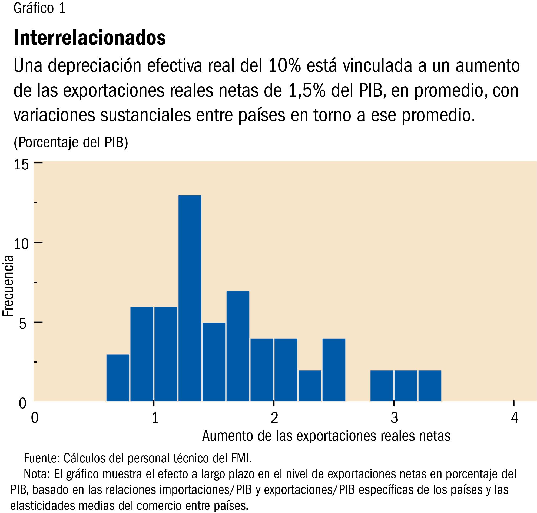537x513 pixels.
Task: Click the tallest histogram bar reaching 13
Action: (x=190, y=298)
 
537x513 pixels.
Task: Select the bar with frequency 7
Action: (x=238, y=346)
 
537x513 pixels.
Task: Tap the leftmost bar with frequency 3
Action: (x=118, y=378)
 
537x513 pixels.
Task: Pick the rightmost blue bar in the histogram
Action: (x=430, y=386)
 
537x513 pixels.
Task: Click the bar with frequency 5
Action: (x=214, y=362)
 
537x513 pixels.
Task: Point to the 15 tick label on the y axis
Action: (x=21, y=165)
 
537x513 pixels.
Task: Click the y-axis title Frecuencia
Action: (x=8, y=286)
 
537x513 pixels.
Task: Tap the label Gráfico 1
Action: (x=39, y=8)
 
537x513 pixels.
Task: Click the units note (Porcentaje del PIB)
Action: (x=71, y=142)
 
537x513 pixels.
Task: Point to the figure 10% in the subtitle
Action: (x=284, y=66)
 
